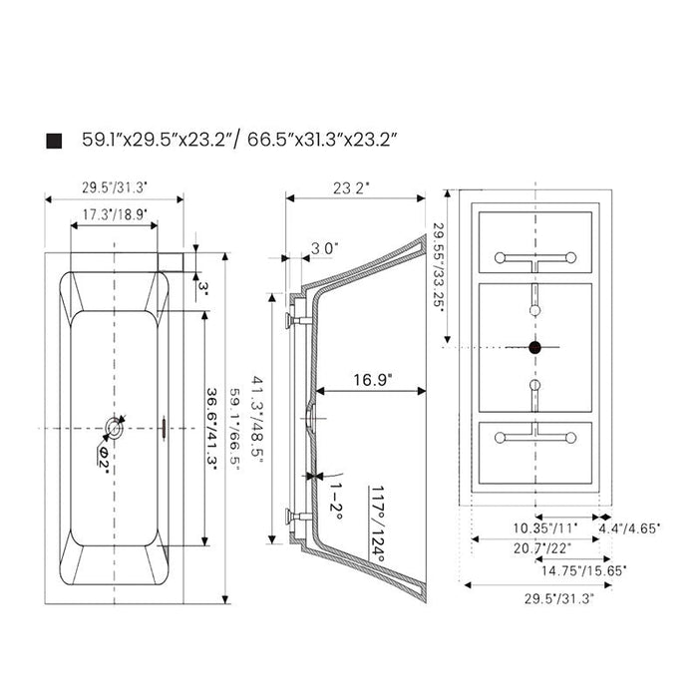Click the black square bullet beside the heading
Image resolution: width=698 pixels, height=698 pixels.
coord(54,141)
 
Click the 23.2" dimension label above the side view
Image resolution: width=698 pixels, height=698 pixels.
coord(352,188)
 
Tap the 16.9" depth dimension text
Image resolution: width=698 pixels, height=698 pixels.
coord(373,380)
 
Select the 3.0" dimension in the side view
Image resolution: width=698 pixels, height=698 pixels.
coord(325,248)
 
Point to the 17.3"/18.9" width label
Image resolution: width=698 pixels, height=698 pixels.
coord(115,215)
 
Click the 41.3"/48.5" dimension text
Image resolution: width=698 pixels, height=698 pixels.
coord(257,419)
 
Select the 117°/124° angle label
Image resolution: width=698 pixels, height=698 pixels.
coord(378,523)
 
